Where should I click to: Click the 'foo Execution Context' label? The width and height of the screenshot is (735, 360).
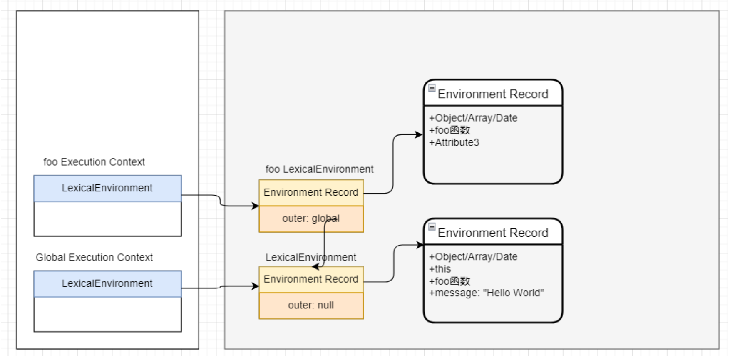(94, 162)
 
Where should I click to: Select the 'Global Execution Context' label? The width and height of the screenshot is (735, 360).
(94, 257)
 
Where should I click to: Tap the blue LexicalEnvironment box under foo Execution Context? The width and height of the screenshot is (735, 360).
(107, 188)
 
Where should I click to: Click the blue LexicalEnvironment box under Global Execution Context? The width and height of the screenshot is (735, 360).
(107, 283)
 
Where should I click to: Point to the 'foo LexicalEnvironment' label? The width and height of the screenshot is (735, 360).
(319, 169)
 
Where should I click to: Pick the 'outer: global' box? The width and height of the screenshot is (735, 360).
(311, 219)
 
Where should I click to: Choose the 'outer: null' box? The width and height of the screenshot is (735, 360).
(311, 305)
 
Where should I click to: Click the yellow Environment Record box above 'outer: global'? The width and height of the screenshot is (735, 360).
(311, 192)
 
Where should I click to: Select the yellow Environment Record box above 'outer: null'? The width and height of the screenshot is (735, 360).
(311, 279)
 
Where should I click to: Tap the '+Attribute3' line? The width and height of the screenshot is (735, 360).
(454, 142)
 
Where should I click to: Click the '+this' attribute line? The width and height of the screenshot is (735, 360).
(440, 269)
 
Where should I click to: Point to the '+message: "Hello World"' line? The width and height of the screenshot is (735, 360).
(487, 293)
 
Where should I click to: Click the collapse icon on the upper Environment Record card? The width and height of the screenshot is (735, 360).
(432, 88)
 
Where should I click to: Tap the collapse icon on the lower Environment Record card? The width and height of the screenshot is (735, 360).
(432, 226)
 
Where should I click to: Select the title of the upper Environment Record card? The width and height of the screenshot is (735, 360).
(493, 94)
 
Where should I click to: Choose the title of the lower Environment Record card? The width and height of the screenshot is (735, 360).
(493, 233)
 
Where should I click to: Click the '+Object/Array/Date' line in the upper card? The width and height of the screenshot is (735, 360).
(473, 118)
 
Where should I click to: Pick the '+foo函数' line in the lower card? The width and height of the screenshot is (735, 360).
(449, 281)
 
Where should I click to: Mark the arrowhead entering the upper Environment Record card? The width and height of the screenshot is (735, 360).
(419, 134)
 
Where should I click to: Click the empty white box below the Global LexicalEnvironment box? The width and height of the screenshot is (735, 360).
(107, 314)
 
